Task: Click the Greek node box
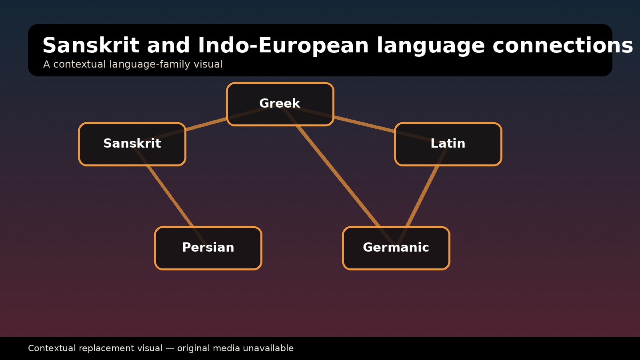coord(280,104)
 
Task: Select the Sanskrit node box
coord(132,144)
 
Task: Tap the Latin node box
coord(448,144)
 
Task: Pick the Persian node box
coord(208,248)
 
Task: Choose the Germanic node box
coord(396,248)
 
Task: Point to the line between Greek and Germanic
coord(338,176)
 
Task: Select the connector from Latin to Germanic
coord(422,196)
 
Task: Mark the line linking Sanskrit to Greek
coord(206,124)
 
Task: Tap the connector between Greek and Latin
coord(364,124)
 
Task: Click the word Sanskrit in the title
coord(91,46)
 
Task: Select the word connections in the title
coord(562,46)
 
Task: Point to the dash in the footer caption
coord(170,348)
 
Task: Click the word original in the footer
coord(194,348)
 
